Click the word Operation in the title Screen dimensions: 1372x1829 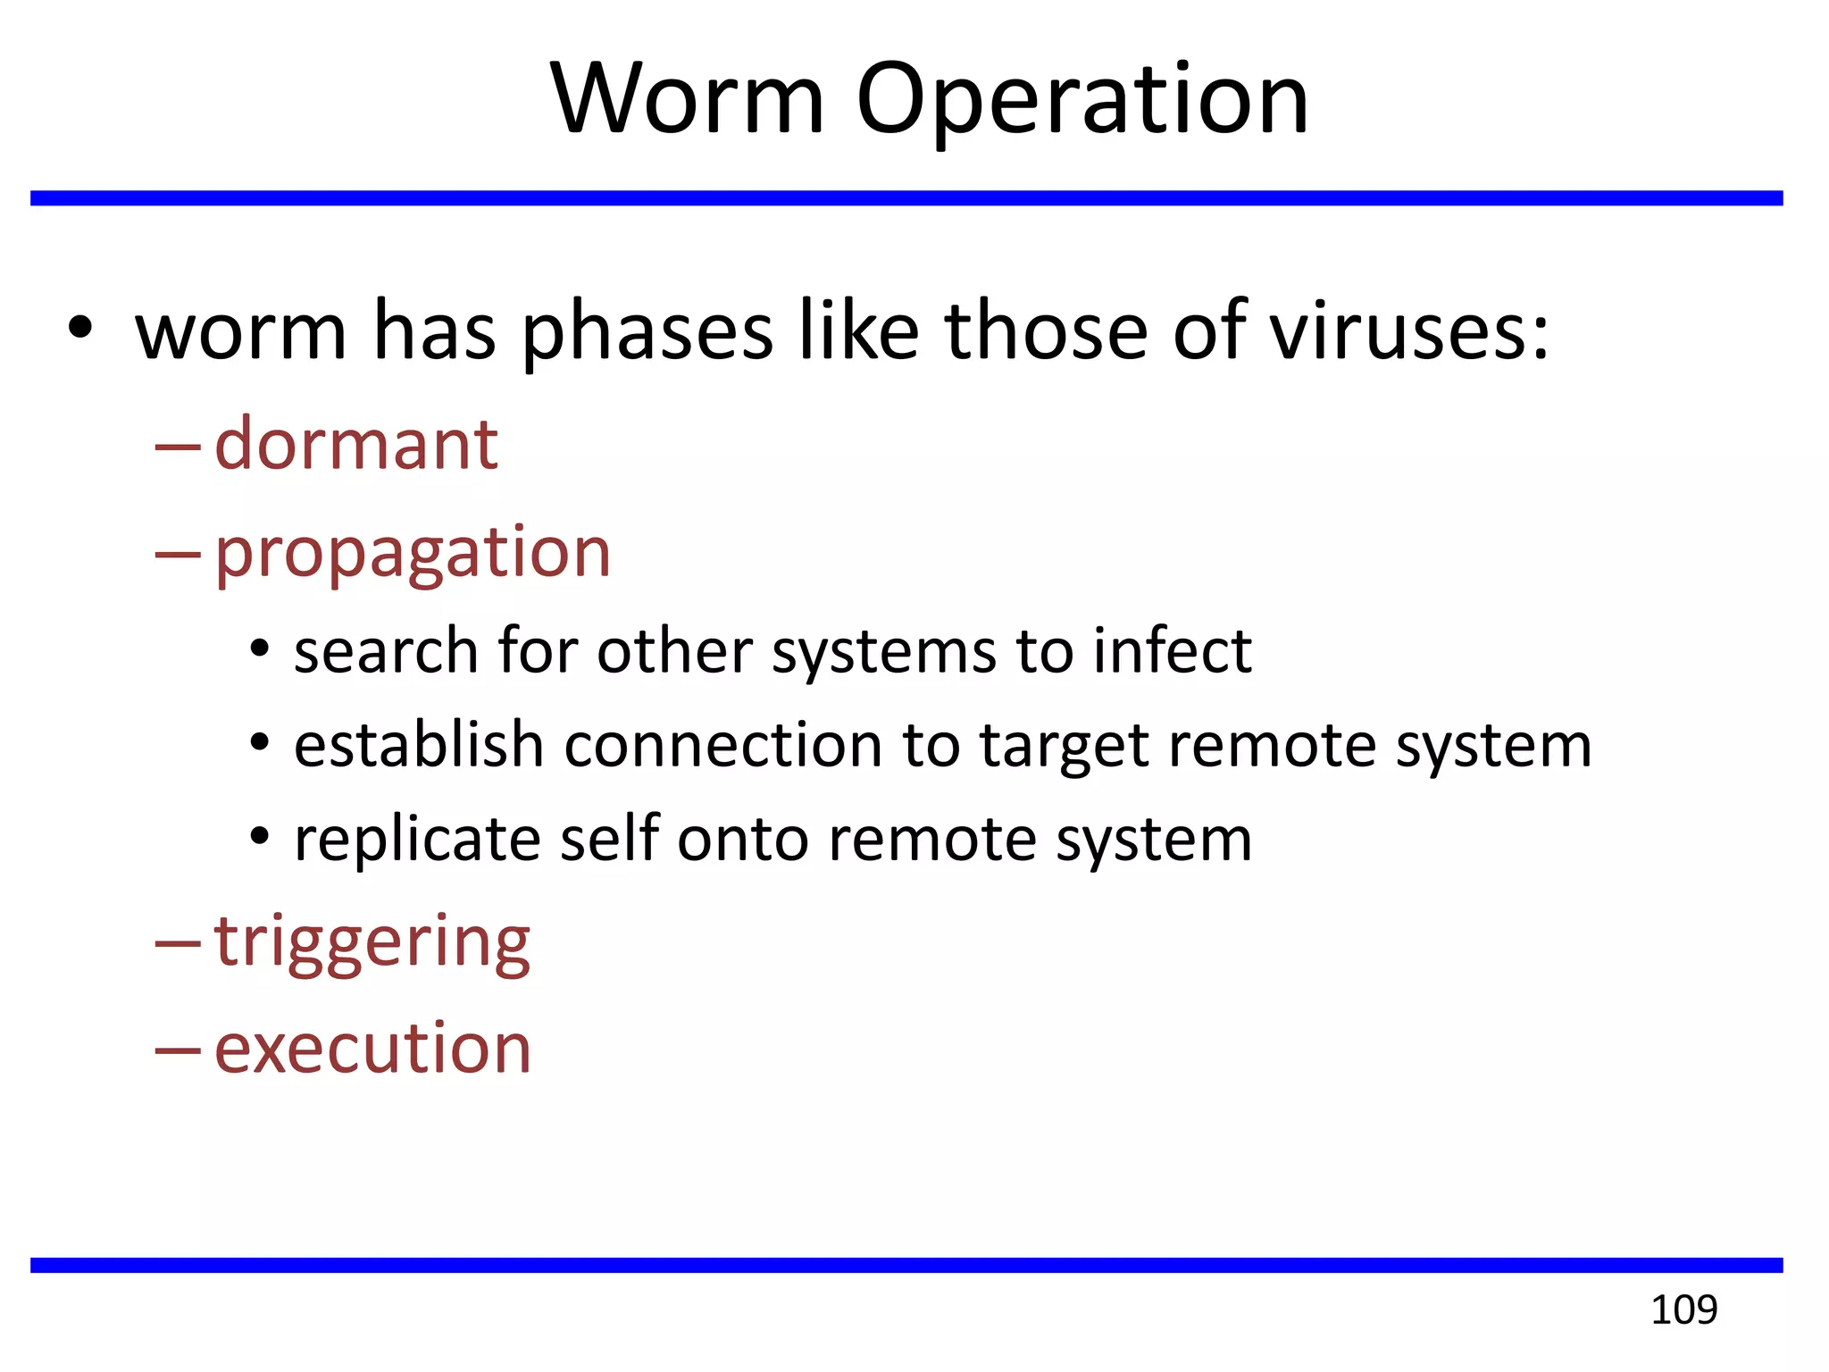1082,100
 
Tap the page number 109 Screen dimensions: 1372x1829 1683,1310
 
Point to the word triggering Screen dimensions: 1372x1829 372,941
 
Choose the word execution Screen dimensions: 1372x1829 372,1048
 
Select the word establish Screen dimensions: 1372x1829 418,745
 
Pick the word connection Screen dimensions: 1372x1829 723,745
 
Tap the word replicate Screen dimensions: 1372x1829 417,840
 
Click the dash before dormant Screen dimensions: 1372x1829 177,447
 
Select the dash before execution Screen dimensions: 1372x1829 177,1050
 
